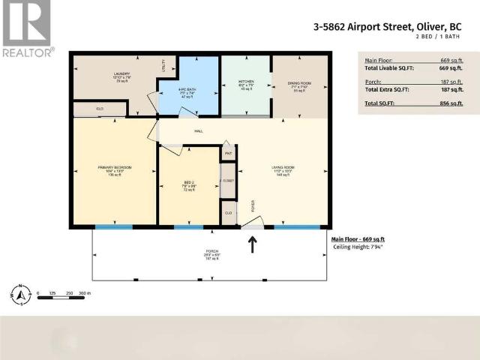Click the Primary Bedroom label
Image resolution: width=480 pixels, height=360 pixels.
(x=114, y=169)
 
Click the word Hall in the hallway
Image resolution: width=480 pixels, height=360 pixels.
(x=199, y=131)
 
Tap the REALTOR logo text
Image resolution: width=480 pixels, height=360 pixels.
(x=28, y=52)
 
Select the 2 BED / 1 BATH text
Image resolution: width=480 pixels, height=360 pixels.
(x=449, y=37)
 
